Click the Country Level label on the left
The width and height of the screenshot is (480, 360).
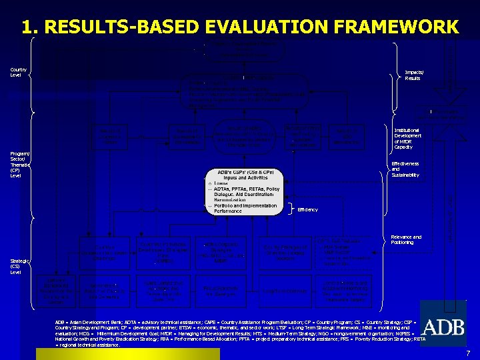(18, 72)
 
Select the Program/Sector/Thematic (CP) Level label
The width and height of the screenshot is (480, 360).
(19, 165)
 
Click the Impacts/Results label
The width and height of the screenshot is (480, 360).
(413, 75)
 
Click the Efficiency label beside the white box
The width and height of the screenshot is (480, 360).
(307, 210)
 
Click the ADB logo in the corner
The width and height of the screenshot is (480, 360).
(443, 327)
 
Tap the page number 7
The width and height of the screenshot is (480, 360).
(468, 353)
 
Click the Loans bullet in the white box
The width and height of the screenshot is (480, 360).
(221, 183)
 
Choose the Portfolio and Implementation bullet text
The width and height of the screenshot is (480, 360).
(245, 206)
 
